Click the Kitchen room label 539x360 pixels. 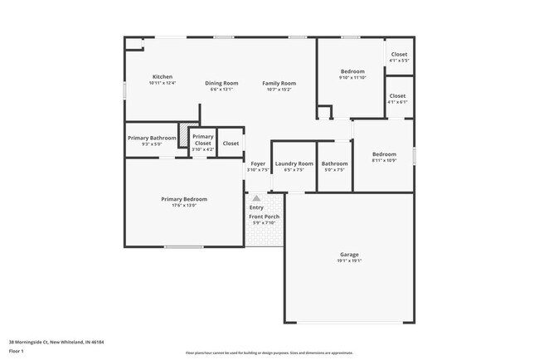(162, 77)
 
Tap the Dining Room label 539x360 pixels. (221, 83)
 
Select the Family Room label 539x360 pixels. (279, 83)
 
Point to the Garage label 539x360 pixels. (349, 254)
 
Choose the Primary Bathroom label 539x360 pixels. (152, 138)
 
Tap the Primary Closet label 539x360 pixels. (203, 139)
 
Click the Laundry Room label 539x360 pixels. (294, 163)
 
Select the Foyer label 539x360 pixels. (259, 163)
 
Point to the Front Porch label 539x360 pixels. (265, 216)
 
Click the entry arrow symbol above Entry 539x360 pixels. (257, 198)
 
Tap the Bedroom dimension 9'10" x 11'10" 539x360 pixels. (352, 77)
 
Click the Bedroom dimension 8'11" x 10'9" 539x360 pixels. (384, 160)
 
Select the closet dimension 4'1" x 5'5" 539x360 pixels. (399, 61)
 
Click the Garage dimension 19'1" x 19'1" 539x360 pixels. (349, 260)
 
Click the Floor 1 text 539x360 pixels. (17, 351)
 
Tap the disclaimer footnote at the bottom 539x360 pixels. (269, 353)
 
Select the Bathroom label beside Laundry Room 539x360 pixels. (335, 163)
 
